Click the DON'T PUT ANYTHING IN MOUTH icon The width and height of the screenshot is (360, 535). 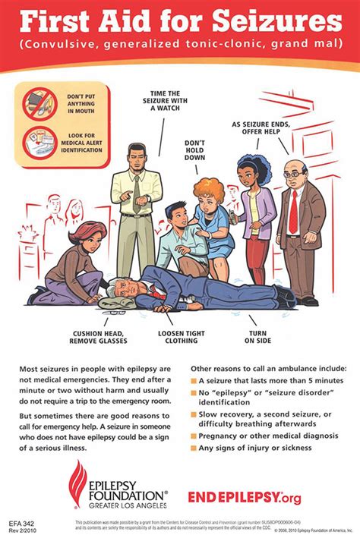pyautogui.click(x=35, y=104)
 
